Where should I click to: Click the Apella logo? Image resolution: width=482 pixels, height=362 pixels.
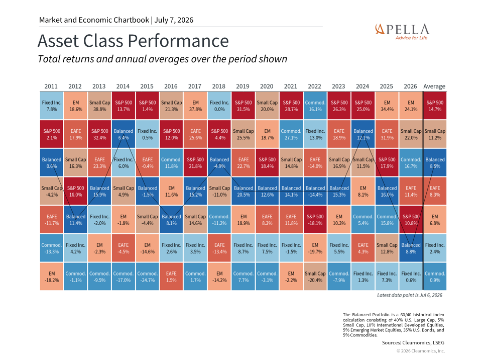coord(402,32)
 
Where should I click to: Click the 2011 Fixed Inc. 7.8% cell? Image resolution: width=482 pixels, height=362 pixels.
coord(52,106)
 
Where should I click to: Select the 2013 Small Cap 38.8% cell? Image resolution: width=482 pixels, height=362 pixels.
coord(99,106)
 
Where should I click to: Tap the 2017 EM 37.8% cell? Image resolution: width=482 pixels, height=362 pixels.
coord(195,106)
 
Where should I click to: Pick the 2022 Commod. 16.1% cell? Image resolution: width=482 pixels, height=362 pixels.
coord(315,106)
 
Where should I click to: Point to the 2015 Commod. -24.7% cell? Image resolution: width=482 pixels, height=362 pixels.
coord(148,277)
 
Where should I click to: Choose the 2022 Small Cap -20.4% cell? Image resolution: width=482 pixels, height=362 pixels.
coord(315,277)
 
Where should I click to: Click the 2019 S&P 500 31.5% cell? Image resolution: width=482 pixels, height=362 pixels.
coord(244,106)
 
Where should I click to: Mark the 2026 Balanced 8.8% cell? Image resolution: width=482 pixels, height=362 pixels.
coord(411,248)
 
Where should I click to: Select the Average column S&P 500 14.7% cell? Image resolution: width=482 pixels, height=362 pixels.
coord(435,106)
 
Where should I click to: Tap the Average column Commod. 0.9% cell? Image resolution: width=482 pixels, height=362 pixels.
coord(435,277)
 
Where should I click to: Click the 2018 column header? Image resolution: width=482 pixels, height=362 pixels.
coord(219,86)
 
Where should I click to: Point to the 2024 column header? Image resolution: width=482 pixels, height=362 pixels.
coord(363,86)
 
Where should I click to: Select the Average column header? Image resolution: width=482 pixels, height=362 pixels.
coord(434,86)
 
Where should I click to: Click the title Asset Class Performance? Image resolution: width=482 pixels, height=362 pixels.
coord(133,41)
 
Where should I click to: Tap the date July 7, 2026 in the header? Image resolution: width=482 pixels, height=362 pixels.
coord(174,20)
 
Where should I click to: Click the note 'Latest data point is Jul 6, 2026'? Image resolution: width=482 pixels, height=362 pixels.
coord(410,295)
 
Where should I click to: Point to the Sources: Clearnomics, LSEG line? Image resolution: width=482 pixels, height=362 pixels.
coord(413,342)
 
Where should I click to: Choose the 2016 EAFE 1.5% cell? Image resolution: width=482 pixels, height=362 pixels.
coord(172,277)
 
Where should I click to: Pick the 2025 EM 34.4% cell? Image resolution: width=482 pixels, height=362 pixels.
coord(387,106)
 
